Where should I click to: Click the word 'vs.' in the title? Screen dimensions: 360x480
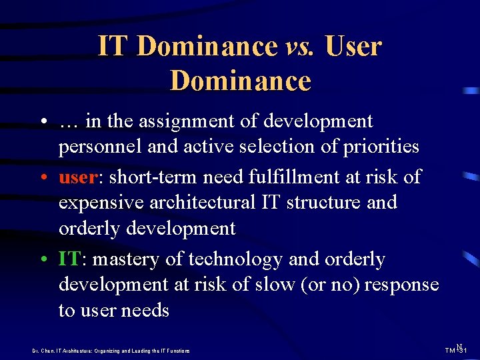coord(301,47)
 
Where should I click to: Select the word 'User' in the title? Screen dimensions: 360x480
coord(354,47)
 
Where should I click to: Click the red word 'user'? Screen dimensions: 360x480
coord(78,177)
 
